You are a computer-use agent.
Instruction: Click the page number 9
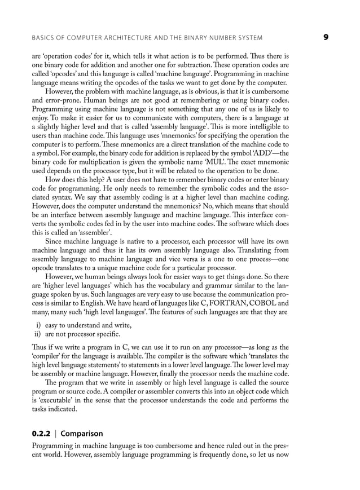tap(326, 37)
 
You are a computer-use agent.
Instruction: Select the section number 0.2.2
tap(41, 434)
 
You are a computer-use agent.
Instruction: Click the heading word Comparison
tap(82, 434)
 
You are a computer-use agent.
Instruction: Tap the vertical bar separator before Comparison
tap(55, 434)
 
